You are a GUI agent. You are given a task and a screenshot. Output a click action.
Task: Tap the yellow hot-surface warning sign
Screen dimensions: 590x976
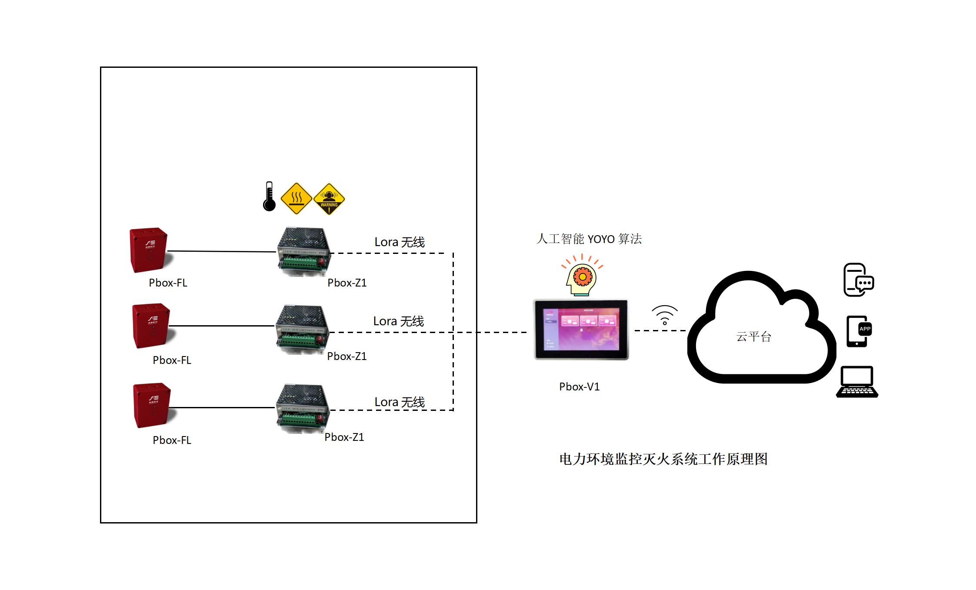(x=296, y=199)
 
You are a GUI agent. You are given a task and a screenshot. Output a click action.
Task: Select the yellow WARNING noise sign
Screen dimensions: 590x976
(x=329, y=199)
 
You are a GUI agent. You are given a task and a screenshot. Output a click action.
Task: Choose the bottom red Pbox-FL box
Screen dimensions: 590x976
(x=152, y=405)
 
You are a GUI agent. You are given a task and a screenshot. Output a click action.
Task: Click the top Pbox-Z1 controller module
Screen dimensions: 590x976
(x=303, y=252)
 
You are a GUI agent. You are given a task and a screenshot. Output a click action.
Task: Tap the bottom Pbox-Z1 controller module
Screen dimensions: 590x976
(x=303, y=408)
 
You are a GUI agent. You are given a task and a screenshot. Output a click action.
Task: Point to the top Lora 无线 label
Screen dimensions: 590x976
(x=400, y=242)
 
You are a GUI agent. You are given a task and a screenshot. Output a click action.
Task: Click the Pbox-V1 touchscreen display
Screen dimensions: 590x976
(x=581, y=330)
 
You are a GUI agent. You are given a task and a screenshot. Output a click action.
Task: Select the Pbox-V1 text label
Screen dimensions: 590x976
(x=579, y=387)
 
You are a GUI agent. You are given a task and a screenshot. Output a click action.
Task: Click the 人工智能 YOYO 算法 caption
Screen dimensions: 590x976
(x=589, y=239)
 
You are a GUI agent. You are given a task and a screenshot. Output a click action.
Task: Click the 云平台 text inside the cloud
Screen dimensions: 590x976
(x=753, y=337)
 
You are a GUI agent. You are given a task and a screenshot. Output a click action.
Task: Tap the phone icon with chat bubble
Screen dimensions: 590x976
(x=858, y=280)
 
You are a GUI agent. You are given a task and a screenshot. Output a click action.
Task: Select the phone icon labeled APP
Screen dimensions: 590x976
(x=858, y=331)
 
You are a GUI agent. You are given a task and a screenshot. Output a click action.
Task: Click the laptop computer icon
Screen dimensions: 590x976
(x=857, y=382)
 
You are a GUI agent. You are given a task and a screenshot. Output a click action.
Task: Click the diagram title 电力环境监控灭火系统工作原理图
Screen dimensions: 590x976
(x=663, y=459)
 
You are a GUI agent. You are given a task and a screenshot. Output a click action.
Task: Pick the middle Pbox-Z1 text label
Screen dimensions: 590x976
(x=346, y=356)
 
